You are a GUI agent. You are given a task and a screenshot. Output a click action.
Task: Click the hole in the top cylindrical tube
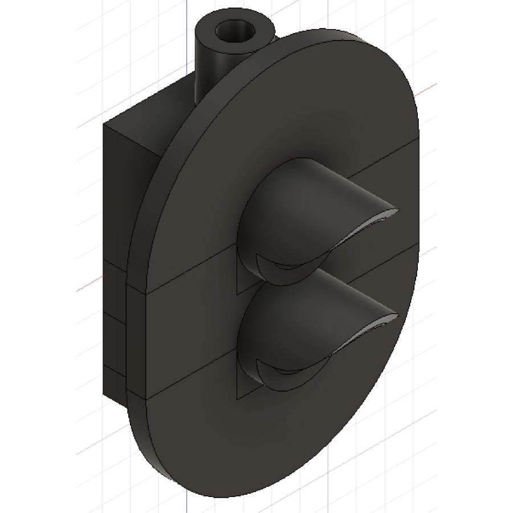tap(233, 29)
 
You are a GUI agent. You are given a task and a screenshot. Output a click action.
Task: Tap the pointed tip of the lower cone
tap(393, 315)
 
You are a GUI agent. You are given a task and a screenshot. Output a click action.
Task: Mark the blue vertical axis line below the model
tap(187, 502)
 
